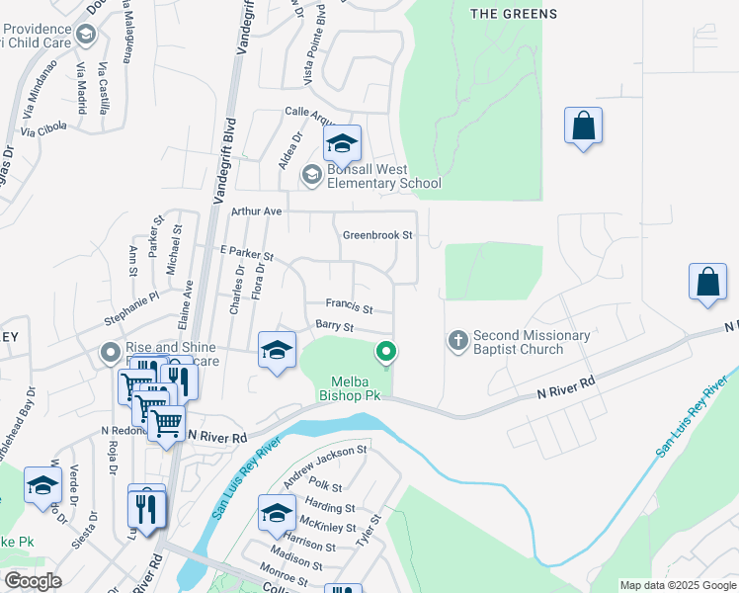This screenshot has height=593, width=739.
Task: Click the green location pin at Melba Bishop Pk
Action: tap(387, 351)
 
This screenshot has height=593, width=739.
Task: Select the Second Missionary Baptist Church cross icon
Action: tap(457, 341)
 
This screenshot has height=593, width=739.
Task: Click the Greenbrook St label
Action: tap(376, 235)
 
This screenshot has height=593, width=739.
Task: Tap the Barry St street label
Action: tap(334, 325)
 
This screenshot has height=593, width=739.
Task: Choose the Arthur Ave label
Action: tap(257, 212)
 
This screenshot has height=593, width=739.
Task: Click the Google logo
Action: tap(33, 580)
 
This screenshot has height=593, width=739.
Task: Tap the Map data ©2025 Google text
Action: tap(677, 584)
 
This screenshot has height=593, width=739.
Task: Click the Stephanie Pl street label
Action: tap(131, 308)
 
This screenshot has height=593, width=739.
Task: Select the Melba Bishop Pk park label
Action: tap(349, 387)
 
